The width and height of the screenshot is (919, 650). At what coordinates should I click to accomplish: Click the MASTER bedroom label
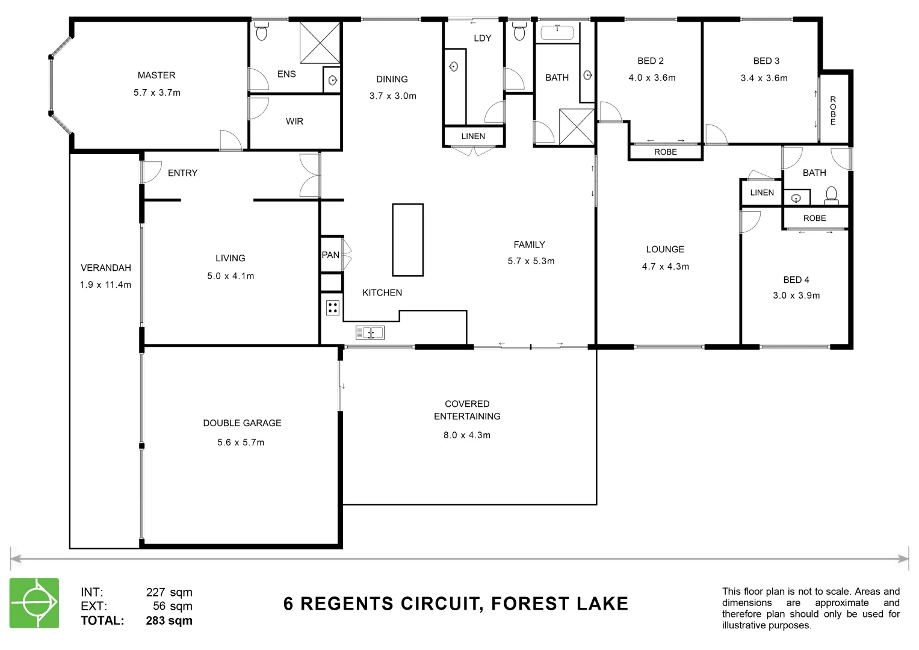coord(156,75)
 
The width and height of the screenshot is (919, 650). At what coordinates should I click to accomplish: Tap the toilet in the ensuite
coord(261,32)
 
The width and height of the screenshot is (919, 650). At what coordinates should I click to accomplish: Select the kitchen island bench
coord(407,240)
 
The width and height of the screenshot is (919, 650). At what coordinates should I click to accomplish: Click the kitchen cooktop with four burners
coord(333,308)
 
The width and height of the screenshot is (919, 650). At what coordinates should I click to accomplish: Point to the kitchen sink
coord(370,333)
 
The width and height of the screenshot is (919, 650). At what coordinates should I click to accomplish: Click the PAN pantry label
coord(330,255)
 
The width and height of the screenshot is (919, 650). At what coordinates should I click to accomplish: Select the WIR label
coord(294,122)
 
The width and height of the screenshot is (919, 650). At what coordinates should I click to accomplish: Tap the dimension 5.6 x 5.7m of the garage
coord(241,442)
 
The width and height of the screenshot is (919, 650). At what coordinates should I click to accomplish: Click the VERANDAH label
coord(106,268)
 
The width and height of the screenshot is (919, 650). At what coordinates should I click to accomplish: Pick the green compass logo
coord(34,603)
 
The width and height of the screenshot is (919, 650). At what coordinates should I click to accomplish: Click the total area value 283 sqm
coord(169,621)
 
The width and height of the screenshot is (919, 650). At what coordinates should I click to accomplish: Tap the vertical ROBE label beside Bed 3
coord(833,110)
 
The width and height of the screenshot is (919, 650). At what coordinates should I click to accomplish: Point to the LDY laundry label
coord(483,39)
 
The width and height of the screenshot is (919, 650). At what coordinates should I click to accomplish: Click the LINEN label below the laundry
coord(473,137)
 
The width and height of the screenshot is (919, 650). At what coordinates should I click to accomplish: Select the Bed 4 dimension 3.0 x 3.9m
coord(796,296)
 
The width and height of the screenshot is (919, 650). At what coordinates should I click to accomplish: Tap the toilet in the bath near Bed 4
coord(831,194)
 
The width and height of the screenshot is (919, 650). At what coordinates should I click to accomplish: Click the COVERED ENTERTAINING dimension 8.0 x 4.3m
coord(467,435)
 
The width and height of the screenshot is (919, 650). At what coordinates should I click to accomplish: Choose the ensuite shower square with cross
coord(320,42)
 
